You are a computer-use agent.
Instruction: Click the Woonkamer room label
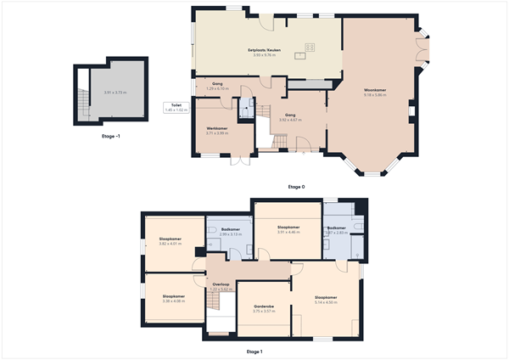(x=375, y=89)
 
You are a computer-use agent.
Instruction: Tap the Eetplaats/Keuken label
(x=264, y=49)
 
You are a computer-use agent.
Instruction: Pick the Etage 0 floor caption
(x=296, y=187)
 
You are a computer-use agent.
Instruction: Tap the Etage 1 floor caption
(x=255, y=351)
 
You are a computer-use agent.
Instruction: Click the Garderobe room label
(x=264, y=307)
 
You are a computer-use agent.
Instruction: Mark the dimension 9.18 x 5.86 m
(x=375, y=95)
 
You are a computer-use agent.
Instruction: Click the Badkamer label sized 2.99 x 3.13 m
(x=231, y=229)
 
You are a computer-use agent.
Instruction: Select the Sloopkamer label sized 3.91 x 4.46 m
(x=288, y=228)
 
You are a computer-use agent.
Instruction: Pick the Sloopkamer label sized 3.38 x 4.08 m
(x=173, y=296)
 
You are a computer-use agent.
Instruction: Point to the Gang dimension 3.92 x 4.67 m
(x=290, y=120)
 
